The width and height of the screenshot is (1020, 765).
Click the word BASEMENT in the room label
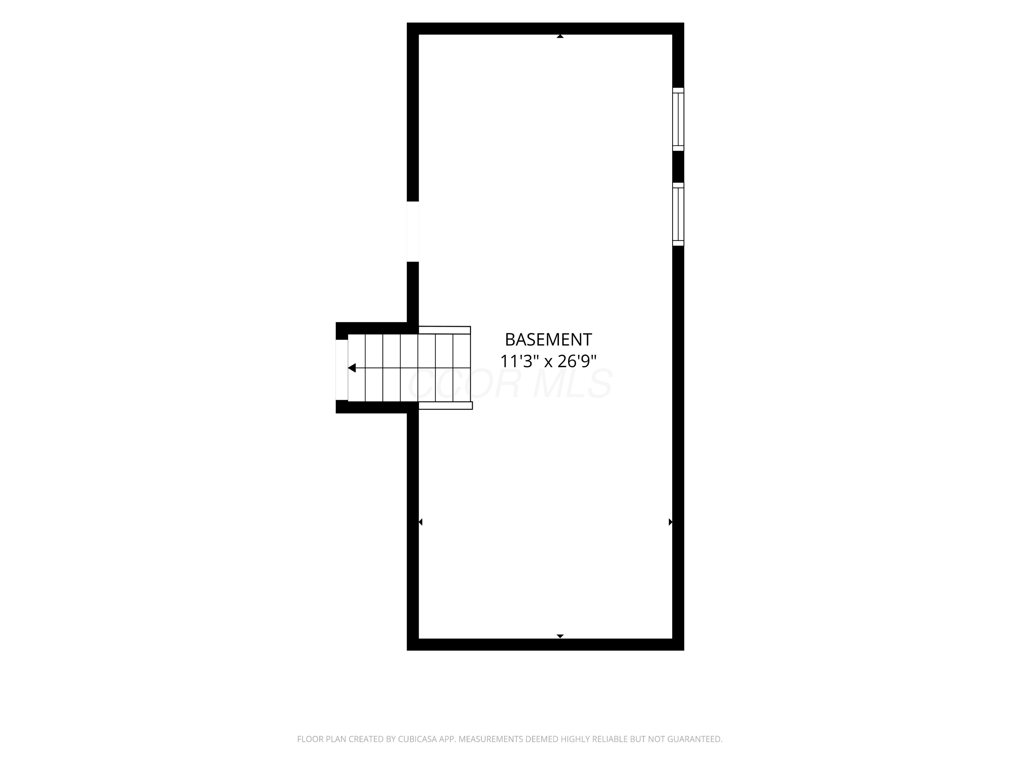pyautogui.click(x=548, y=340)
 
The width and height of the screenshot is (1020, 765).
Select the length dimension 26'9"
pyautogui.click(x=577, y=361)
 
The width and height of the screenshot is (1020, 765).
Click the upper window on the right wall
pyautogui.click(x=678, y=119)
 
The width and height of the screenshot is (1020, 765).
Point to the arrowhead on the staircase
pyautogui.click(x=352, y=368)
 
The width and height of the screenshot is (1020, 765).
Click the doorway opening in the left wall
pyautogui.click(x=413, y=232)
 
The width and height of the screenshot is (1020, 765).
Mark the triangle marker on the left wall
pyautogui.click(x=421, y=522)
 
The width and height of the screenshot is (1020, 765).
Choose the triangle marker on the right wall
pyautogui.click(x=670, y=522)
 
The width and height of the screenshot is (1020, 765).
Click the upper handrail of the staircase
pyautogui.click(x=444, y=330)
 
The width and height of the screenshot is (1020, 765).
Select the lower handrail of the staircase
pyautogui.click(x=445, y=405)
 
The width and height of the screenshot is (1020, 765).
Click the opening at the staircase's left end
pyautogui.click(x=342, y=370)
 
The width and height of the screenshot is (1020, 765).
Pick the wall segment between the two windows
pyautogui.click(x=678, y=167)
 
